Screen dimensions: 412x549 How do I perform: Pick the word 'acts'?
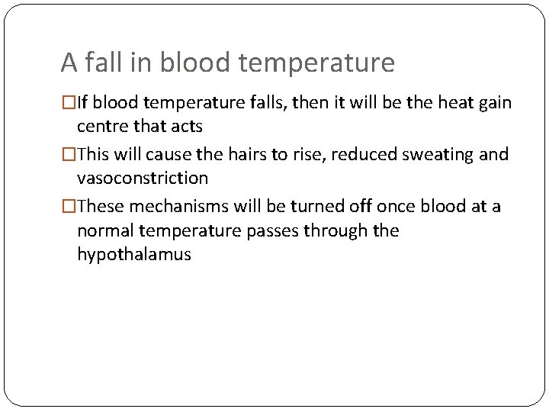point(187,126)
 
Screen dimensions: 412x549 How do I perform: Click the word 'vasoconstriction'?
point(142,178)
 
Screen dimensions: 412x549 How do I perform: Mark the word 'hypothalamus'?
point(133,255)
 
